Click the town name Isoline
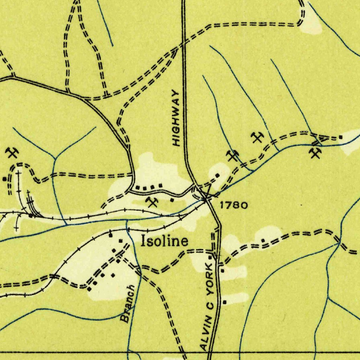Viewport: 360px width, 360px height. [164, 241]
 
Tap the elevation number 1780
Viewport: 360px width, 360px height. [234, 205]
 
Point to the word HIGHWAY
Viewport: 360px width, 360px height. [176, 118]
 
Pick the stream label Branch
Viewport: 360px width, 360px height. [127, 304]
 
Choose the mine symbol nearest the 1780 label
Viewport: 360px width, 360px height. [232, 155]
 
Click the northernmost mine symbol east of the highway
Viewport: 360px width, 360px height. [258, 137]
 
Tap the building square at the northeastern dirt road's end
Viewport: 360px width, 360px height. [341, 137]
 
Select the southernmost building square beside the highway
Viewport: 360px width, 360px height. [225, 302]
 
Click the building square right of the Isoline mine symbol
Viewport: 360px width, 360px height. [172, 200]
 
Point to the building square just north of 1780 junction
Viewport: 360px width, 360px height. [217, 175]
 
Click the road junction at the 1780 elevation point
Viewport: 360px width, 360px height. [206, 199]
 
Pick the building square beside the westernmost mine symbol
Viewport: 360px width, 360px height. [4, 179]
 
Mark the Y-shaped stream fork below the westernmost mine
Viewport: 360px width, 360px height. [55, 159]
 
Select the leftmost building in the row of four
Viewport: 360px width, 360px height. [137, 187]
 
